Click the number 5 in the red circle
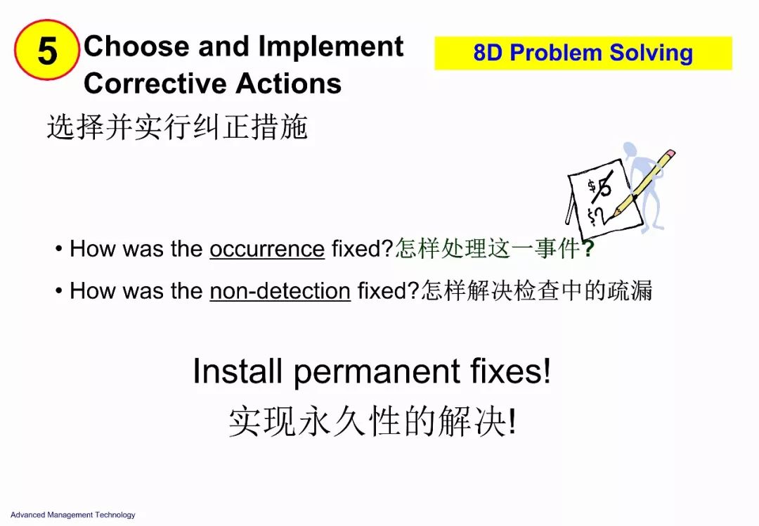coord(48,51)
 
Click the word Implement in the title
coord(330,47)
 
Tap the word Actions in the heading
coord(289,83)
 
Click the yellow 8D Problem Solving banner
coord(583,53)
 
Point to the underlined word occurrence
coord(267,249)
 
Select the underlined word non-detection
coord(280,291)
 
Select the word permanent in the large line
coord(377,372)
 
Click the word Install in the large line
coord(238,371)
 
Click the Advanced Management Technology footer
coord(73,515)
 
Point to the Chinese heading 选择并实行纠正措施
coord(177,127)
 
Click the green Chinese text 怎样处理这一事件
coord(488,249)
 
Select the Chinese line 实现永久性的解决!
coord(372,421)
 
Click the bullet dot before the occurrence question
coord(58,249)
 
